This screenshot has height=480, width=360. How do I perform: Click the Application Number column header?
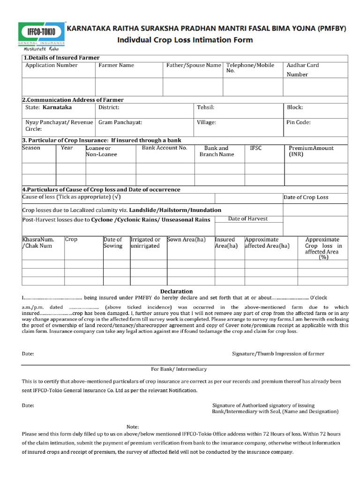pos(51,66)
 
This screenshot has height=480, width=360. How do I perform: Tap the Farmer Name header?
pos(116,66)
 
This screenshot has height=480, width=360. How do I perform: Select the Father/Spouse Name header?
pos(193,66)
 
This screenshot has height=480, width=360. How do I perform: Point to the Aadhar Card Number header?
pos(302,70)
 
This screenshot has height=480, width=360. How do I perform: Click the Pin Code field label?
pos(299,122)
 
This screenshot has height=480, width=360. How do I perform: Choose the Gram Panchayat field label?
pos(120,122)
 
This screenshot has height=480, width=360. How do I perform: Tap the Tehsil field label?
pos(206,107)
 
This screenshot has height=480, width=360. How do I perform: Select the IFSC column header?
pos(256,148)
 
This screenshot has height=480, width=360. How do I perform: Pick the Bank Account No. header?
pos(165,148)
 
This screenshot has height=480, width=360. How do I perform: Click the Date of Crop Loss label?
pos(306,197)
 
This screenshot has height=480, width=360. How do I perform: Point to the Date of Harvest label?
pos(248,219)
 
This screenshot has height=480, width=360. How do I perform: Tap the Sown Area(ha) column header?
pos(187,240)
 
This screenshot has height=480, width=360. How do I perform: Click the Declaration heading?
pos(176,291)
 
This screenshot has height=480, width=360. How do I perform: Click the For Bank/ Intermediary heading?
pos(179,369)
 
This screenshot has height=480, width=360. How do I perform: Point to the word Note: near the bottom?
pos(133,427)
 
